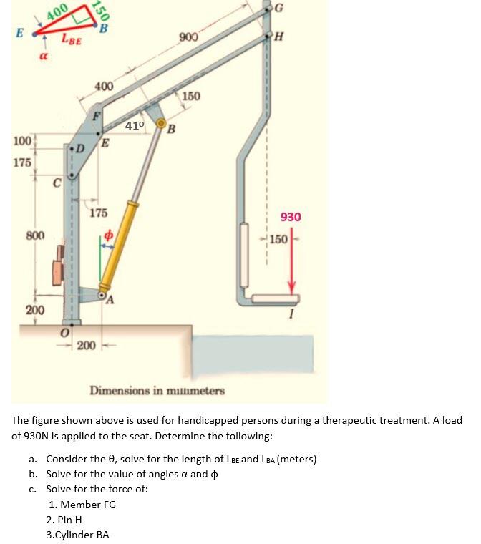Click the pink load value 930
coord(291,217)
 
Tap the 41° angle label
coord(135,126)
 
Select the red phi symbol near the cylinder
coord(109,234)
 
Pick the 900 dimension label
coord(189,37)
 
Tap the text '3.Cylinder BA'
coord(77,534)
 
